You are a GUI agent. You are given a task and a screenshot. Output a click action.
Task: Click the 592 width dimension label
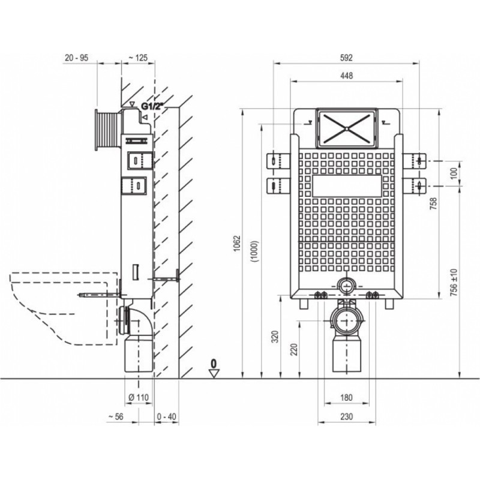pyautogui.click(x=346, y=58)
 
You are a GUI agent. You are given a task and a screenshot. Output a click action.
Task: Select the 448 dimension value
pyautogui.click(x=346, y=76)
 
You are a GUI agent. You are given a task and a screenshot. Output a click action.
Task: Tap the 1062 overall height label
pyautogui.click(x=238, y=244)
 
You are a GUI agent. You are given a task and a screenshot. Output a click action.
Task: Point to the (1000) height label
pyautogui.click(x=256, y=251)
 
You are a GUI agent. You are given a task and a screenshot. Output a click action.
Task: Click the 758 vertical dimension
pyautogui.click(x=433, y=204)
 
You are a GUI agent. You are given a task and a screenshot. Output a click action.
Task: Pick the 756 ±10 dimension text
pyautogui.click(x=454, y=282)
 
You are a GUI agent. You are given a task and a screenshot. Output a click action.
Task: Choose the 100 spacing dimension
pyautogui.click(x=454, y=173)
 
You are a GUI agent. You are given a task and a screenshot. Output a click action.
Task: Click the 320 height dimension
pyautogui.click(x=275, y=337)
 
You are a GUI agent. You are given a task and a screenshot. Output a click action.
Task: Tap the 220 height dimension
pyautogui.click(x=293, y=350)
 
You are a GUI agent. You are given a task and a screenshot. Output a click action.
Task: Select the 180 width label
pyautogui.click(x=346, y=398)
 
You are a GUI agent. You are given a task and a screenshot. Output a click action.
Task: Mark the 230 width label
pyautogui.click(x=346, y=416)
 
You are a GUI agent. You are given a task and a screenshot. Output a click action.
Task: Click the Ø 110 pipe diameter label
pyautogui.click(x=139, y=398)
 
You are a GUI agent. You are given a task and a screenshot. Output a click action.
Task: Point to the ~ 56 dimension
pyautogui.click(x=116, y=416)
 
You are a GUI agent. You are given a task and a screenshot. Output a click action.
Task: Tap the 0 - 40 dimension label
pyautogui.click(x=167, y=416)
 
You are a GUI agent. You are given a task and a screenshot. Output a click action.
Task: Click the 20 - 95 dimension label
pyautogui.click(x=77, y=58)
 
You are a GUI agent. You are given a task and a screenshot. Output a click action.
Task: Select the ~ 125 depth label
pyautogui.click(x=138, y=58)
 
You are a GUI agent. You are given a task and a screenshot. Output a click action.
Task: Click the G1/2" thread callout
pyautogui.click(x=151, y=106)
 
